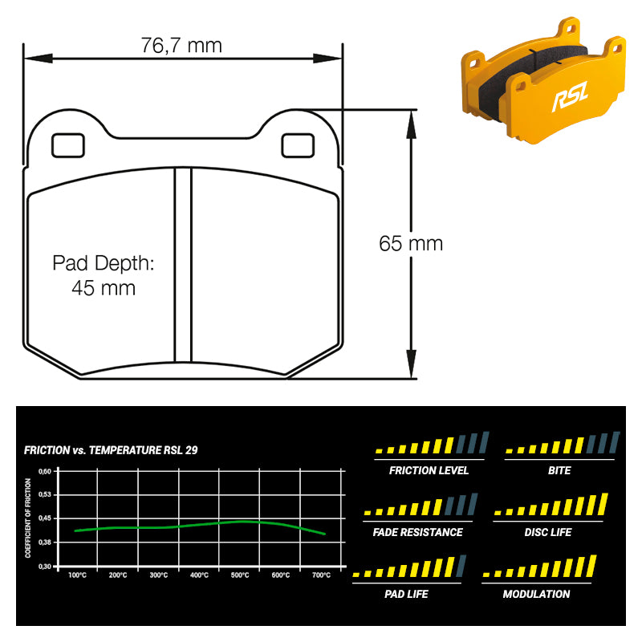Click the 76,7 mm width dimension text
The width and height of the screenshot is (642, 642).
[x=181, y=45]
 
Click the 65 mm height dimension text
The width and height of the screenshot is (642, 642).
[x=411, y=243]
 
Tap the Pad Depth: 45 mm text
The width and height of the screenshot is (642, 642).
[x=103, y=275]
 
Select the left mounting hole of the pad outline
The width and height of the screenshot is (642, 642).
[x=67, y=144]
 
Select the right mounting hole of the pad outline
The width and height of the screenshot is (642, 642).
[x=297, y=144]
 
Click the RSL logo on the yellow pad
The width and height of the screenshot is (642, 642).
[x=569, y=100]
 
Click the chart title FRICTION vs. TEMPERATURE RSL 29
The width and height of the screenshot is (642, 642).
[x=111, y=450]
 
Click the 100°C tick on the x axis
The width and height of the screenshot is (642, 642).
[x=78, y=575]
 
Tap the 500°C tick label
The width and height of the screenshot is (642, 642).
[x=240, y=575]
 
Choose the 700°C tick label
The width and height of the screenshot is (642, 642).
[x=321, y=575]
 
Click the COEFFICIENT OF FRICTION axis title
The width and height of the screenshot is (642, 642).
[x=28, y=518]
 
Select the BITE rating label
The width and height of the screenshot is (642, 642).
[x=559, y=470]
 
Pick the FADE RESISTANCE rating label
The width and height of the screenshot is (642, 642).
[x=417, y=532]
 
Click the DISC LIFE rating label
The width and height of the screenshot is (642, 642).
[x=547, y=532]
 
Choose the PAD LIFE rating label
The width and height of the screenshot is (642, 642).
[x=406, y=594]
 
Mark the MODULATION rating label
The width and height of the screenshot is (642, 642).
[x=536, y=594]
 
